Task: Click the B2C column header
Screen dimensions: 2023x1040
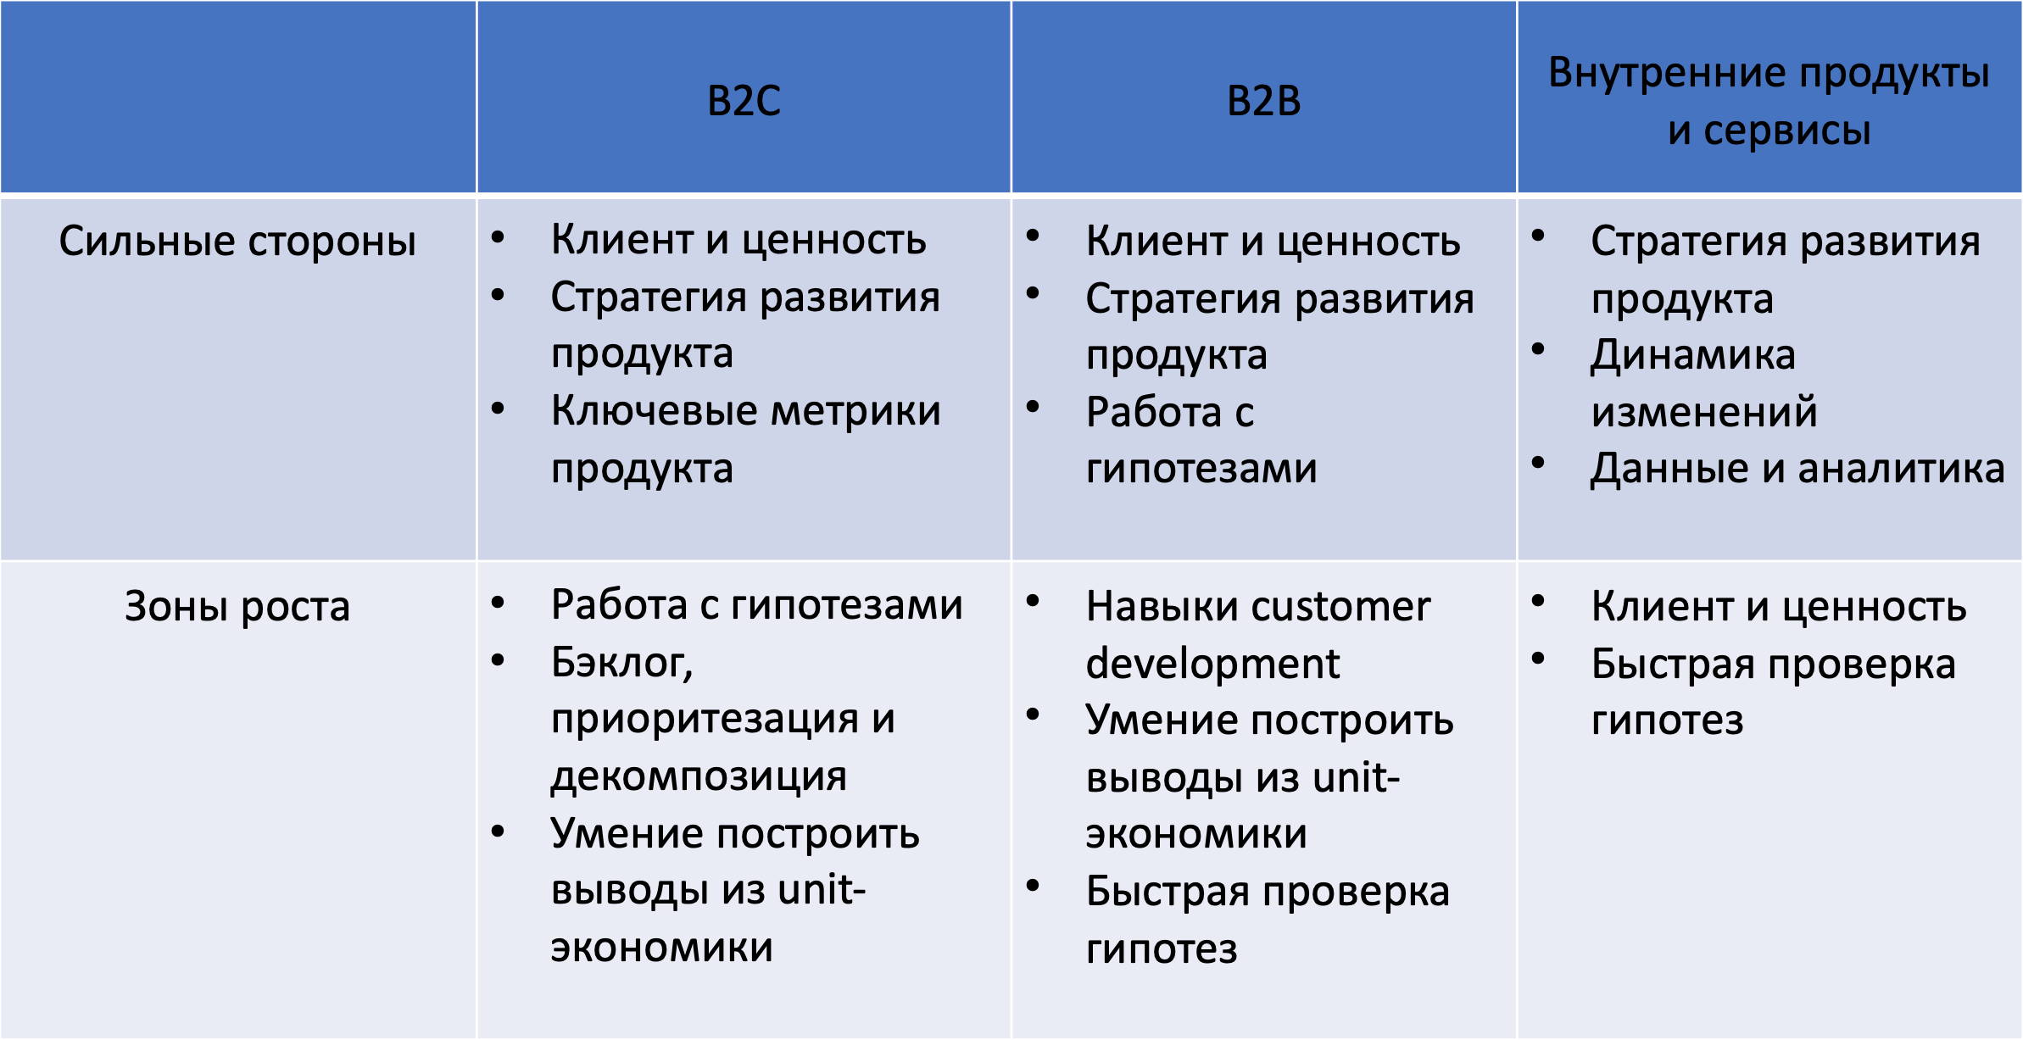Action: click(x=744, y=100)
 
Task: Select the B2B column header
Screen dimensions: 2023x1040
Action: click(x=1263, y=100)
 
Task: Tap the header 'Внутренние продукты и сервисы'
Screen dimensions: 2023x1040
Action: click(x=1769, y=101)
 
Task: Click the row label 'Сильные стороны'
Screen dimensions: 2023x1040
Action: click(x=237, y=241)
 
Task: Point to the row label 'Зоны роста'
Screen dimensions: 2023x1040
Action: click(x=237, y=607)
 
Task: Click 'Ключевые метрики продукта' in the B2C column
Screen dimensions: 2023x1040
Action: click(x=746, y=439)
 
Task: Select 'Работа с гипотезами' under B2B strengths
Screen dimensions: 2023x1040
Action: click(x=1201, y=439)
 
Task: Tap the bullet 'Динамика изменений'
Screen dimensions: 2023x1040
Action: click(x=1704, y=383)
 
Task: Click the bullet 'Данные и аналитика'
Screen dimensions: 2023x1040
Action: click(x=1797, y=468)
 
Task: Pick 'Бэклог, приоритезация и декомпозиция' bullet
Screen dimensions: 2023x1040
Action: click(x=722, y=719)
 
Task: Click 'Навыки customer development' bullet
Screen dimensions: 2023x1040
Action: click(x=1258, y=634)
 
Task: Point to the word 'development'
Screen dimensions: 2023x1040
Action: click(x=1212, y=663)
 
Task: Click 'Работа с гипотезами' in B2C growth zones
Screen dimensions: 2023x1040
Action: click(x=757, y=605)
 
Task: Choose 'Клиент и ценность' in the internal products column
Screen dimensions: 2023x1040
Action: click(x=1779, y=607)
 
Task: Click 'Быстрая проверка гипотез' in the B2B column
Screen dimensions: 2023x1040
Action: click(x=1268, y=920)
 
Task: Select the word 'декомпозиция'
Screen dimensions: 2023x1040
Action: click(x=699, y=776)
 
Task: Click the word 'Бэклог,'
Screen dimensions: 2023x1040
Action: click(x=622, y=663)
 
